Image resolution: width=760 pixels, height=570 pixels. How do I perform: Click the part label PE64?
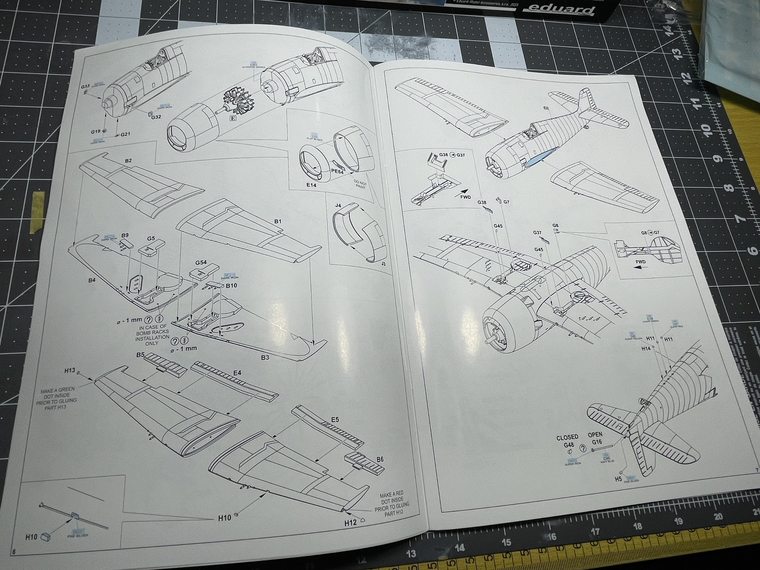[337, 171]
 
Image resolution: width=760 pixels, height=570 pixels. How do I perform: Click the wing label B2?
[128, 160]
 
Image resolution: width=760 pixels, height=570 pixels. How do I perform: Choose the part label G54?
[201, 263]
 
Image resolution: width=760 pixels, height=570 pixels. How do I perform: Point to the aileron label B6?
[380, 459]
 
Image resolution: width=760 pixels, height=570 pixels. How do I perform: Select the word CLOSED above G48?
[567, 437]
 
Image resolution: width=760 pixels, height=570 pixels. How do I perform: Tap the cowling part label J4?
[338, 205]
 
